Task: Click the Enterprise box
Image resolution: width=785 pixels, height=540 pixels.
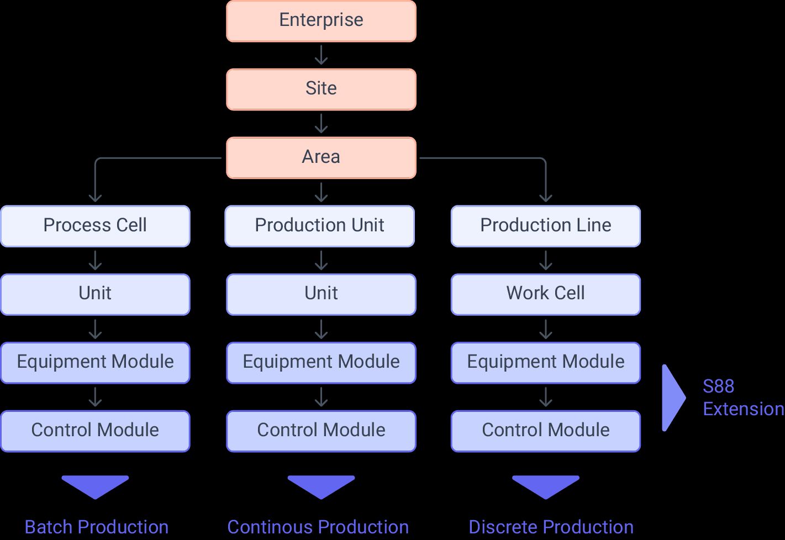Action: coord(321,21)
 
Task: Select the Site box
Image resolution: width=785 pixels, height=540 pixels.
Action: coord(321,89)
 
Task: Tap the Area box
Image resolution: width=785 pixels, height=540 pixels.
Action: coord(321,157)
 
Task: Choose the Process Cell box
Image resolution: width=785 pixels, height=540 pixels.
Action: coord(95,226)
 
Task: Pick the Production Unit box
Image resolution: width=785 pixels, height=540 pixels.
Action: coord(319,226)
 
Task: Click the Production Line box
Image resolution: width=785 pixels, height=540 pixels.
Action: coord(545,226)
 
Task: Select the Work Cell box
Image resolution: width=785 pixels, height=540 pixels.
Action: coord(545,294)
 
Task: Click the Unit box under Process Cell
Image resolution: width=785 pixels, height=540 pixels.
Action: coord(95,294)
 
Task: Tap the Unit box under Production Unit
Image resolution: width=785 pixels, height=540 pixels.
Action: coord(321,294)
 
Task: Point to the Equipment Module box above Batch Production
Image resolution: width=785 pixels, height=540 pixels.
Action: coord(95,362)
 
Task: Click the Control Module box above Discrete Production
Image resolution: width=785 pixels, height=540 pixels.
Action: coord(545,431)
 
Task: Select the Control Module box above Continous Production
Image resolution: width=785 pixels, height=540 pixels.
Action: coord(321,431)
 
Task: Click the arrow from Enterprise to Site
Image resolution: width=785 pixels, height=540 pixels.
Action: coord(321,55)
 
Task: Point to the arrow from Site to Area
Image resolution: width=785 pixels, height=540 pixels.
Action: coord(321,124)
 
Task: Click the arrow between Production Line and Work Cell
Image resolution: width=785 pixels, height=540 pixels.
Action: coord(545,260)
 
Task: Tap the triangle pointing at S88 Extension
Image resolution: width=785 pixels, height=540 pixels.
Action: coord(672,397)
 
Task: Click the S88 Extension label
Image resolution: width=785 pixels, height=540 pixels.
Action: coord(742,398)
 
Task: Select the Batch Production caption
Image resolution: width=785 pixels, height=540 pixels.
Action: coord(96,527)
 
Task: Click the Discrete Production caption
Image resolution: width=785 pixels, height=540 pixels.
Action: coord(551,527)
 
